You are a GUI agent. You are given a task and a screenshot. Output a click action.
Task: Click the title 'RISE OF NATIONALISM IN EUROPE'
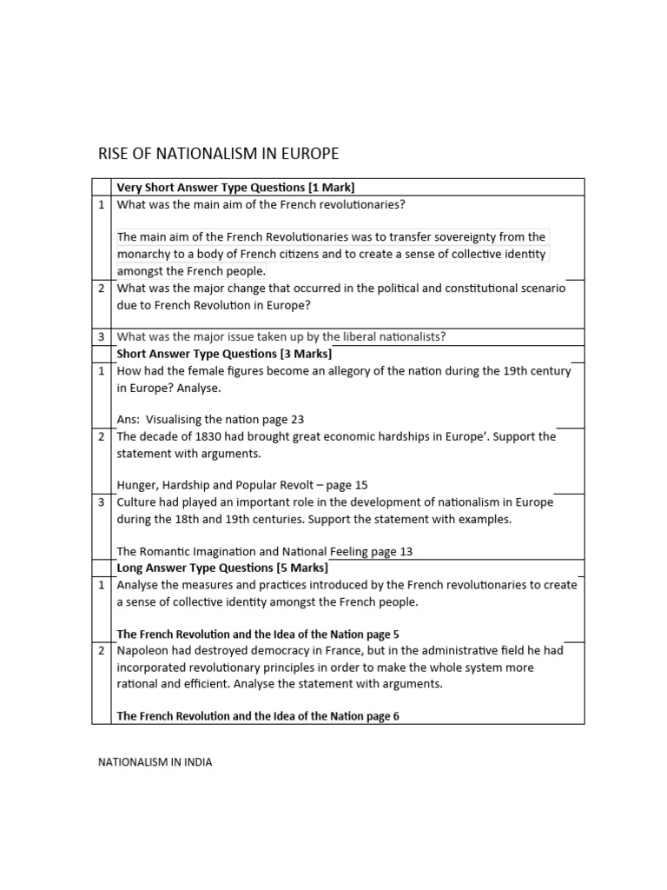[218, 155]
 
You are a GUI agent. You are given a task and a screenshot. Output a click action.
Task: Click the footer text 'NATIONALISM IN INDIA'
[154, 762]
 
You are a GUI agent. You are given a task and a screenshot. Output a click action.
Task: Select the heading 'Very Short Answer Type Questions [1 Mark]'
[235, 187]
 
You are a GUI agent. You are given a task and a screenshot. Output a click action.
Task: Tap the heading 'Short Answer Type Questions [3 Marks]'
[224, 354]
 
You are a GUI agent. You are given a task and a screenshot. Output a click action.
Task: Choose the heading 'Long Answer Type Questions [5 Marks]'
[222, 568]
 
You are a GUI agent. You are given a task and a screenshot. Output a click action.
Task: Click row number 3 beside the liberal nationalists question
[101, 337]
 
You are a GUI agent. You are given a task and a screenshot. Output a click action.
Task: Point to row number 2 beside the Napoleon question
[101, 651]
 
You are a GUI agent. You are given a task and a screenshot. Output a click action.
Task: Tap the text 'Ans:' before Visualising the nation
[129, 419]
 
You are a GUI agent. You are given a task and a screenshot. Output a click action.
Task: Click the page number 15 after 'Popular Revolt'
[361, 485]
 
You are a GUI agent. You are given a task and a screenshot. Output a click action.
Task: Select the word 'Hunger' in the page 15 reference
[137, 485]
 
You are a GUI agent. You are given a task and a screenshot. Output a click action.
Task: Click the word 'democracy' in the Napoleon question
[270, 651]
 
